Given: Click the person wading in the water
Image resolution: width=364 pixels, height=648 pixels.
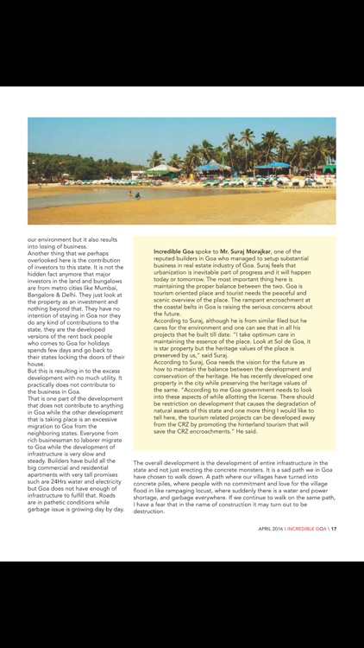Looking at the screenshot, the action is (x=135, y=195).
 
